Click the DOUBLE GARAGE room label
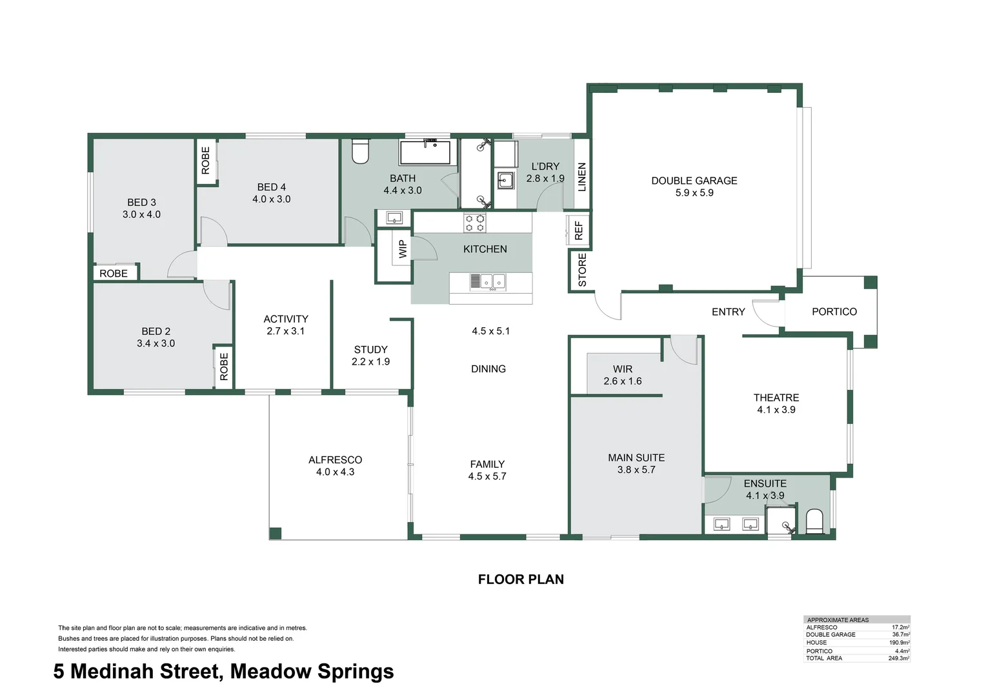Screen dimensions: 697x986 (694, 181)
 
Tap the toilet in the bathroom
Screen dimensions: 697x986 (359, 152)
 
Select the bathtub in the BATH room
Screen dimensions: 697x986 (425, 153)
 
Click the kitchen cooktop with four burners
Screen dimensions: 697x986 (475, 223)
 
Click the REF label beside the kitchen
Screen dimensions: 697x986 (578, 230)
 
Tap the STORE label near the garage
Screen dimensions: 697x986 (582, 270)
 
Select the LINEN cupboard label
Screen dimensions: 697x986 (581, 177)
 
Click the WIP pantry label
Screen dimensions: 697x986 (402, 248)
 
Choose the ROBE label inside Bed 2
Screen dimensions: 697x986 (223, 366)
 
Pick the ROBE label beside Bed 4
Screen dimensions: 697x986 (205, 160)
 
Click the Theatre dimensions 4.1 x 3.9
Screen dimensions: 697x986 (776, 410)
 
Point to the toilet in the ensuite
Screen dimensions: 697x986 (815, 521)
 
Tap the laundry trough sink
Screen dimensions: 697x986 (505, 180)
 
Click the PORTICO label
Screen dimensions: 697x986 (834, 312)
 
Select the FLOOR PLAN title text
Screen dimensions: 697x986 (521, 580)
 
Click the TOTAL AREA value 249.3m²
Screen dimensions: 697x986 (898, 658)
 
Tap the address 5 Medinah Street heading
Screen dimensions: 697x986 (223, 671)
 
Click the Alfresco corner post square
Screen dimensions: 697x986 (276, 533)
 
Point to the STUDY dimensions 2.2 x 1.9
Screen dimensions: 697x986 (370, 362)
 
